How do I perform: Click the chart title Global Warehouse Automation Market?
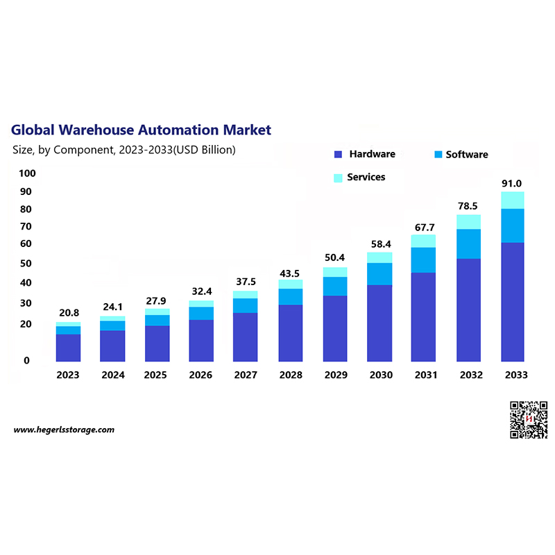pos(141,130)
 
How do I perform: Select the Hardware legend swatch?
pos(339,155)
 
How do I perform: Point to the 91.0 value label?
pos(512,184)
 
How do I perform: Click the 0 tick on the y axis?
pos(26,361)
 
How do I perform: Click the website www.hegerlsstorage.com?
pos(64,430)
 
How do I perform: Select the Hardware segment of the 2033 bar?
pos(513,302)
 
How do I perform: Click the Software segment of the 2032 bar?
pos(469,244)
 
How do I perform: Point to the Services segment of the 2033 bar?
pos(513,200)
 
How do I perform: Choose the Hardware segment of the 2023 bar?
pos(68,348)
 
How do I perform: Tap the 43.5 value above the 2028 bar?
pos(290,273)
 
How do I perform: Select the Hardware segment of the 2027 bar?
pos(246,337)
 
